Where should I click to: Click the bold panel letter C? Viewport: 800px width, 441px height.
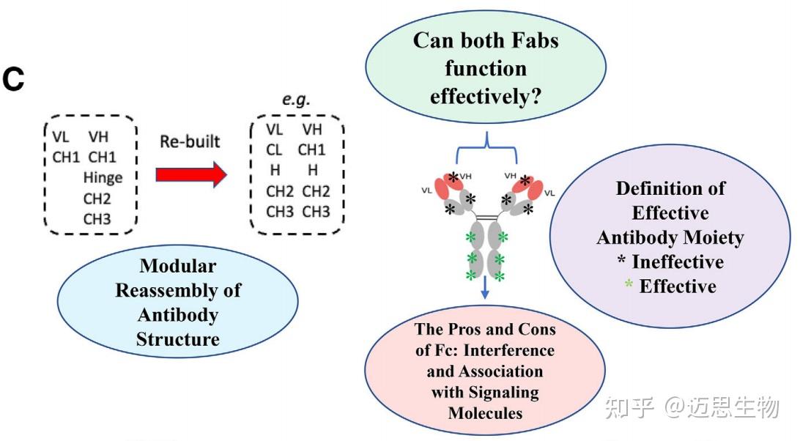pyautogui.click(x=13, y=80)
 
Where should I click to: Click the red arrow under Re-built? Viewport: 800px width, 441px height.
pyautogui.click(x=191, y=174)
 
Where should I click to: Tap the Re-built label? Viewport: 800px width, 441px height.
pyautogui.click(x=190, y=141)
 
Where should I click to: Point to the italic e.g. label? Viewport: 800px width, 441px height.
pyautogui.click(x=296, y=99)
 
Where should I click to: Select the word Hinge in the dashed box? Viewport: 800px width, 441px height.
pyautogui.click(x=103, y=177)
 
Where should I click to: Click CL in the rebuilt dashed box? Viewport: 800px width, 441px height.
pyautogui.click(x=274, y=150)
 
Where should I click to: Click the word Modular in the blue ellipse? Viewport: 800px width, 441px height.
pyautogui.click(x=178, y=266)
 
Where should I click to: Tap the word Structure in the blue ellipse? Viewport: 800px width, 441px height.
pyautogui.click(x=178, y=339)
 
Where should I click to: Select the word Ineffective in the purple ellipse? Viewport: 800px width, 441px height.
pyautogui.click(x=678, y=262)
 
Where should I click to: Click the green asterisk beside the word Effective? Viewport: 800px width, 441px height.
pyautogui.click(x=629, y=284)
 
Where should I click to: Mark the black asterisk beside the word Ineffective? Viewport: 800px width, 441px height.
pyautogui.click(x=621, y=260)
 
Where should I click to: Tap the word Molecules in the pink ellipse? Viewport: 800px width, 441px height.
pyautogui.click(x=485, y=413)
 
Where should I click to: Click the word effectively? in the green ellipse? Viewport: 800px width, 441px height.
pyautogui.click(x=485, y=97)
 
